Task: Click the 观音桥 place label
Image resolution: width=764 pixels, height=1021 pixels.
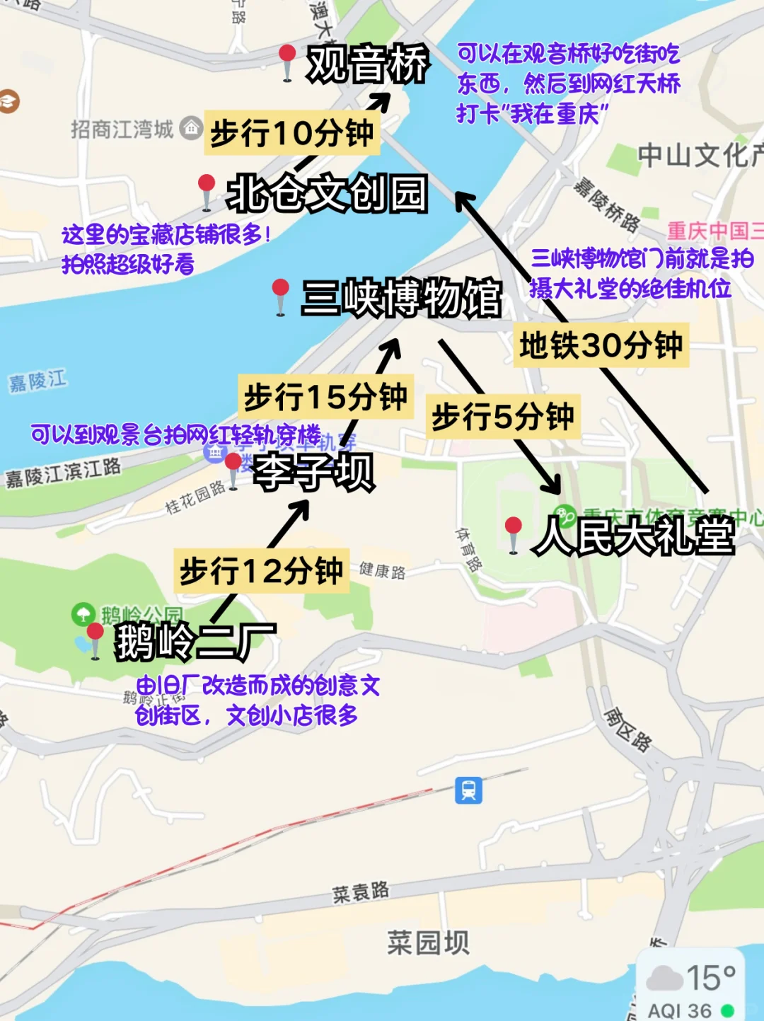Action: point(368,64)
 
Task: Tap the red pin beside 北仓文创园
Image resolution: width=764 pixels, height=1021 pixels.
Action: point(207,186)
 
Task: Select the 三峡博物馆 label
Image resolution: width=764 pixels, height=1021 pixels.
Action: point(401,298)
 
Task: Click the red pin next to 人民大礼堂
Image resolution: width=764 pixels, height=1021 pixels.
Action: point(514,528)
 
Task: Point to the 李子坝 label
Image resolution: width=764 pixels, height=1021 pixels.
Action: point(313,472)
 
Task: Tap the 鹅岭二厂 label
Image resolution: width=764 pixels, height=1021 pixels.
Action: point(195,642)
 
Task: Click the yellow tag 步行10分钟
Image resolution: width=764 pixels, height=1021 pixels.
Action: point(291,132)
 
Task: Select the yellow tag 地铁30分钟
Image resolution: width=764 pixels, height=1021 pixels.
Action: point(601,346)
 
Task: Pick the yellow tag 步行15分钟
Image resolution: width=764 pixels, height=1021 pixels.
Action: point(325,397)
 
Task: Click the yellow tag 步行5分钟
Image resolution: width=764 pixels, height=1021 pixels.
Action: point(502,417)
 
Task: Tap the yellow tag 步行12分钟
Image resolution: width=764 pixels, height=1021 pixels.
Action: point(261,571)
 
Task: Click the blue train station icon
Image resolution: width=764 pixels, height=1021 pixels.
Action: point(468,790)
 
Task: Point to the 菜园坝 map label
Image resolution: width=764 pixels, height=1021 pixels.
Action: point(427,942)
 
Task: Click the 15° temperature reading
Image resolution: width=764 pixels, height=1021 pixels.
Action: point(710,978)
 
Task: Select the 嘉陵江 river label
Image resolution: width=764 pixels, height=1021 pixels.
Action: point(38,381)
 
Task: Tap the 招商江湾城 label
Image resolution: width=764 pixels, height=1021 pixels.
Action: point(122,129)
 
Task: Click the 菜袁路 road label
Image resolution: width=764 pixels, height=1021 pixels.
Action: point(361,892)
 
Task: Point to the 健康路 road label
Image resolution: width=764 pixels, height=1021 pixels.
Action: point(382,570)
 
